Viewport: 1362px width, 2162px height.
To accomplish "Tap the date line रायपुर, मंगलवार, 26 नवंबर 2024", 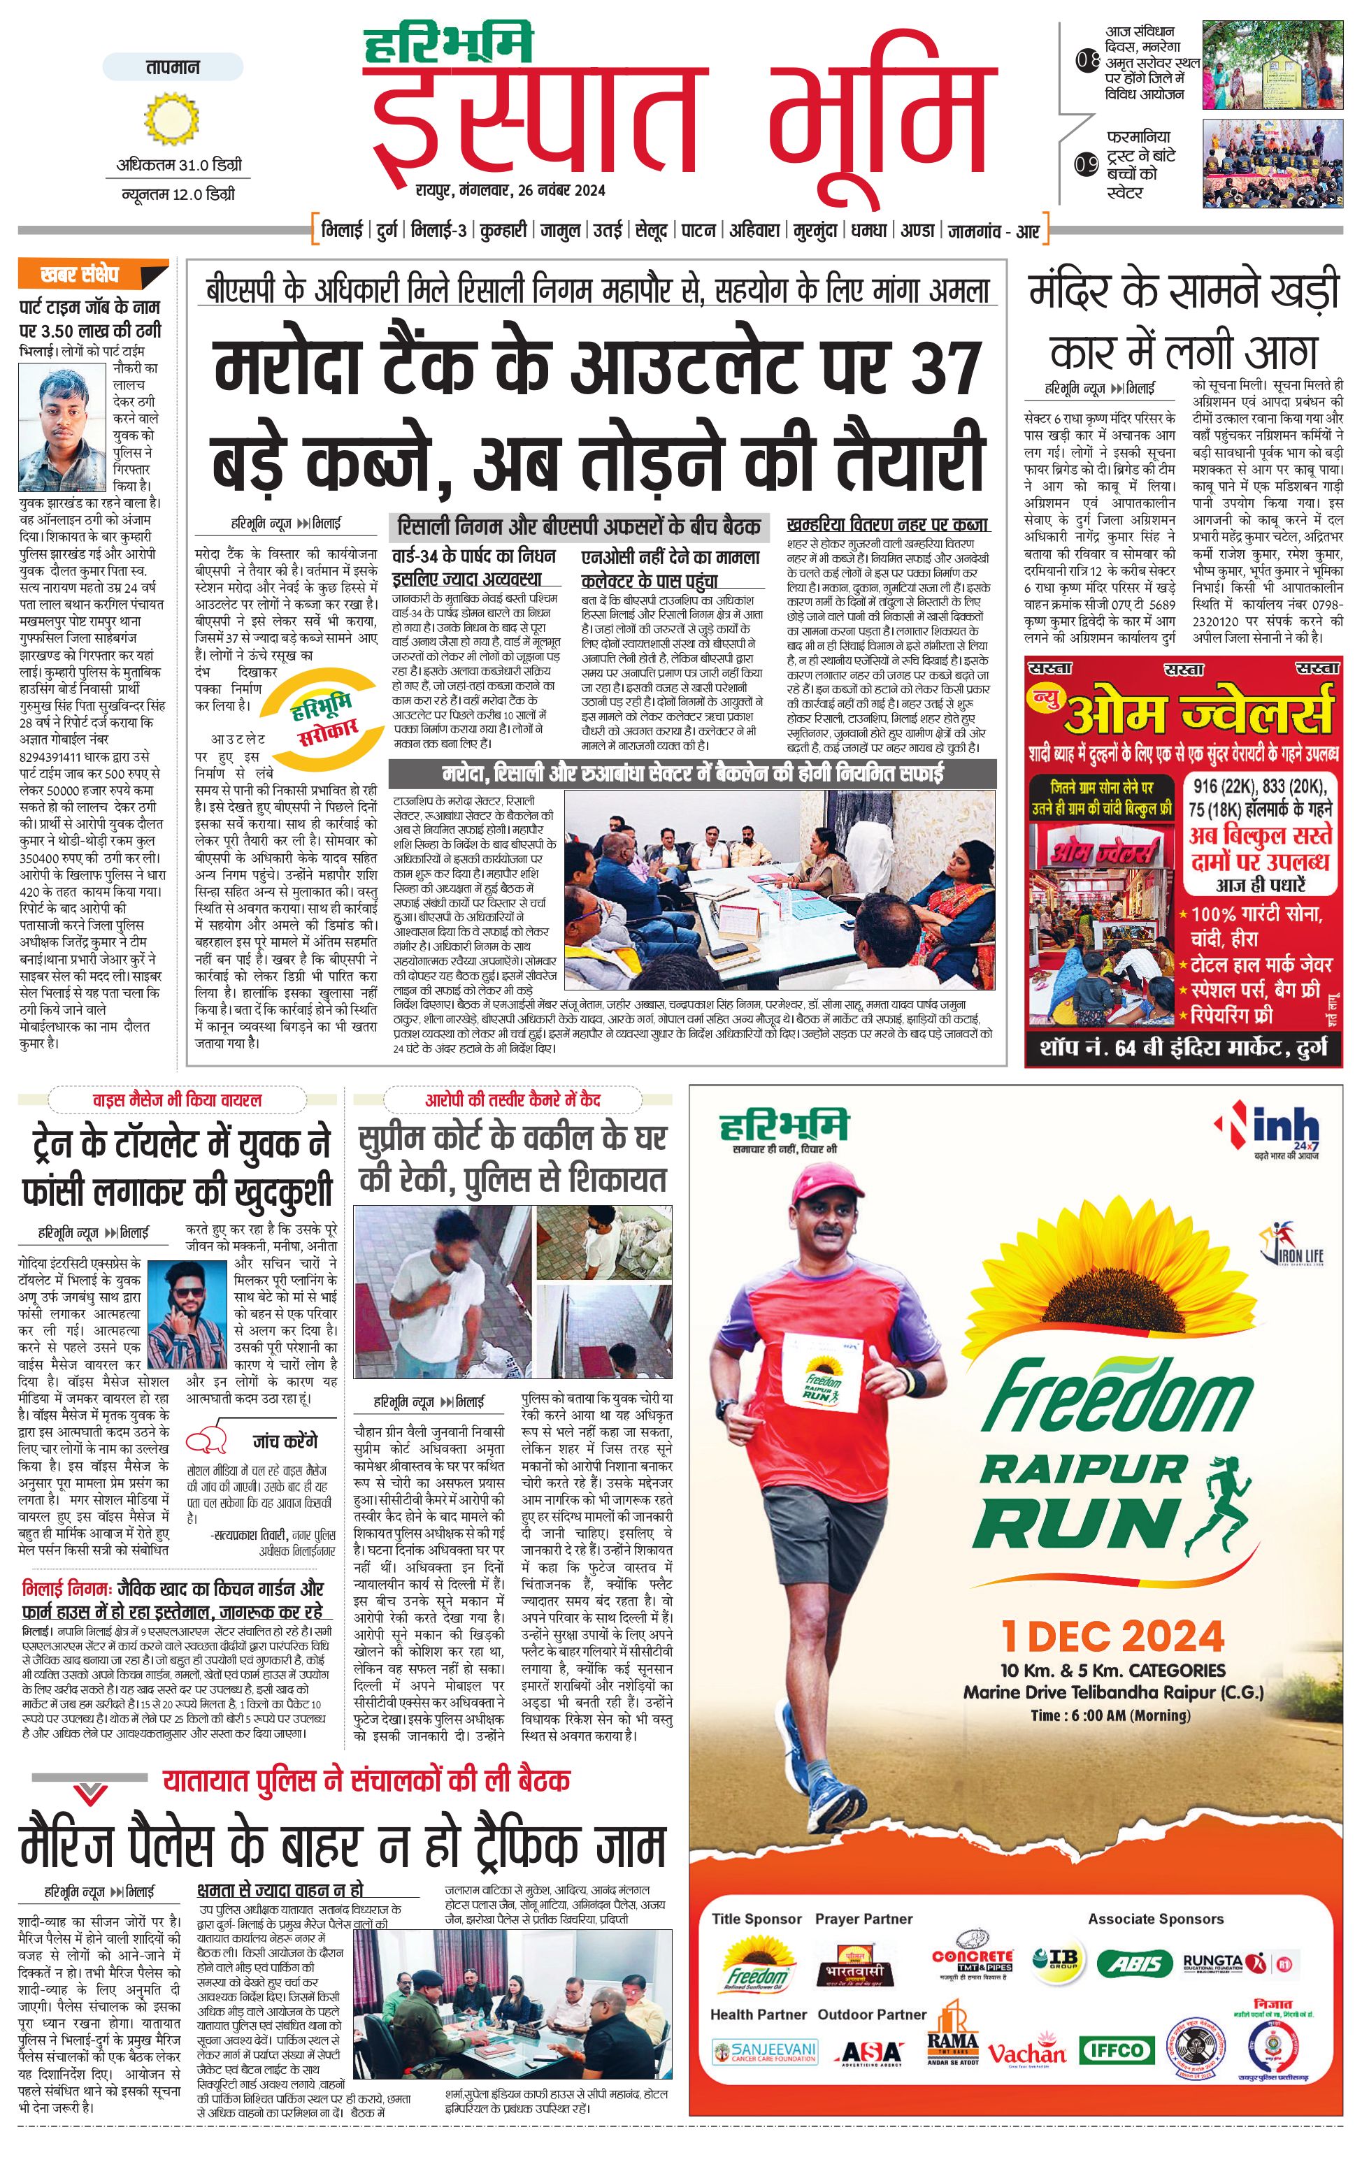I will click(x=510, y=190).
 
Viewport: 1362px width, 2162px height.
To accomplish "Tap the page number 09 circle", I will click(x=1087, y=165).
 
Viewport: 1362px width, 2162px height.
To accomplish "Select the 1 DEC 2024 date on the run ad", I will click(x=1112, y=1636).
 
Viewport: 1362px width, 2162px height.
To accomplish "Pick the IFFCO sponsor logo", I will click(x=1116, y=2049).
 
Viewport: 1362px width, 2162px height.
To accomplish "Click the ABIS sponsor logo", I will click(x=1135, y=1963).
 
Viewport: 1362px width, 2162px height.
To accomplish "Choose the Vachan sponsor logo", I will click(x=1026, y=2051).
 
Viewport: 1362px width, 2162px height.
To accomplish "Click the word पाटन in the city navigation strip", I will click(x=698, y=231).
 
